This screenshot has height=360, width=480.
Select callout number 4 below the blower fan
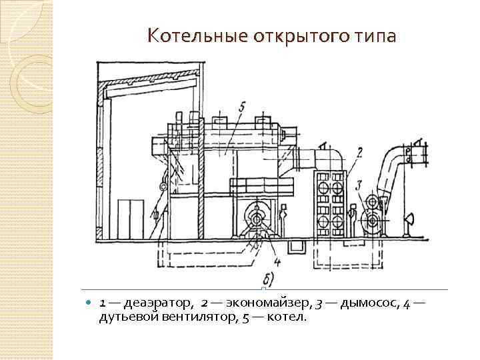click(x=276, y=262)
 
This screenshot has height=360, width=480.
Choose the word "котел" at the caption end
click(x=287, y=317)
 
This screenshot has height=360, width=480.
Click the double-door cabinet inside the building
click(x=131, y=219)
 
